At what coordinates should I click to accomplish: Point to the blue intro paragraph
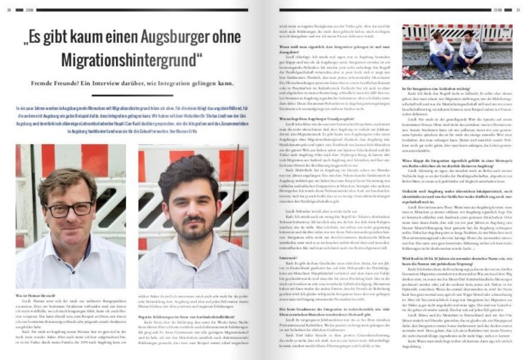point(129,126)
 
